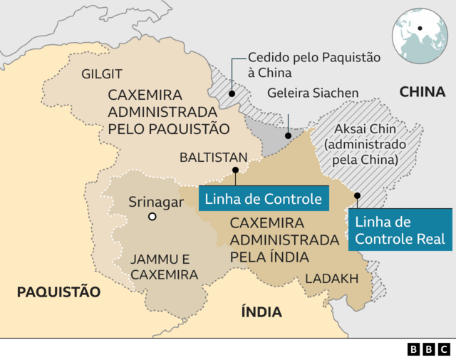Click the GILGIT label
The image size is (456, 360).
[102, 74]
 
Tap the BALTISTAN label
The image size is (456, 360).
[214, 158]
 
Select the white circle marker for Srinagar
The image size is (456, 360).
[152, 217]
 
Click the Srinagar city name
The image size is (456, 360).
[156, 202]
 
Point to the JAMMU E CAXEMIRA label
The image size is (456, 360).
[164, 266]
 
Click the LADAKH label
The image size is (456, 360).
[331, 279]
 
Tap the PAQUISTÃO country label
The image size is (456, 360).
[58, 292]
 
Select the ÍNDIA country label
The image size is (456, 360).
[261, 312]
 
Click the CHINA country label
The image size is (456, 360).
[422, 91]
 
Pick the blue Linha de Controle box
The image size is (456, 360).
[263, 198]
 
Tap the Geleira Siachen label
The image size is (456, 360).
[313, 93]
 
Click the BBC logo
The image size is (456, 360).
[429, 349]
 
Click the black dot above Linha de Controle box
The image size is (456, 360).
[235, 170]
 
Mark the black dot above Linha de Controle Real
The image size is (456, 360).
[357, 195]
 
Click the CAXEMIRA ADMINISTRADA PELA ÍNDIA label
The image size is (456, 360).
[284, 240]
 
